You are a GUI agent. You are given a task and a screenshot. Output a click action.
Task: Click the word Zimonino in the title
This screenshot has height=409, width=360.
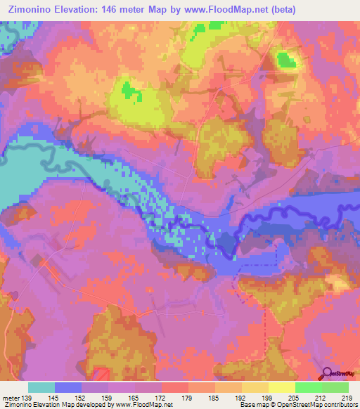tap(32, 9)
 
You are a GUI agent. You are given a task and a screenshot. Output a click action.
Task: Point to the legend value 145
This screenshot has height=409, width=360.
tap(53, 397)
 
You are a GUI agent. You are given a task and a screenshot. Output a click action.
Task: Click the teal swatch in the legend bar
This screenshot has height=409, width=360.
tap(41, 387)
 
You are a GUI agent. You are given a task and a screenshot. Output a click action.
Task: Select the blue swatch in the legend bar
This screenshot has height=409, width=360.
tap(68, 387)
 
